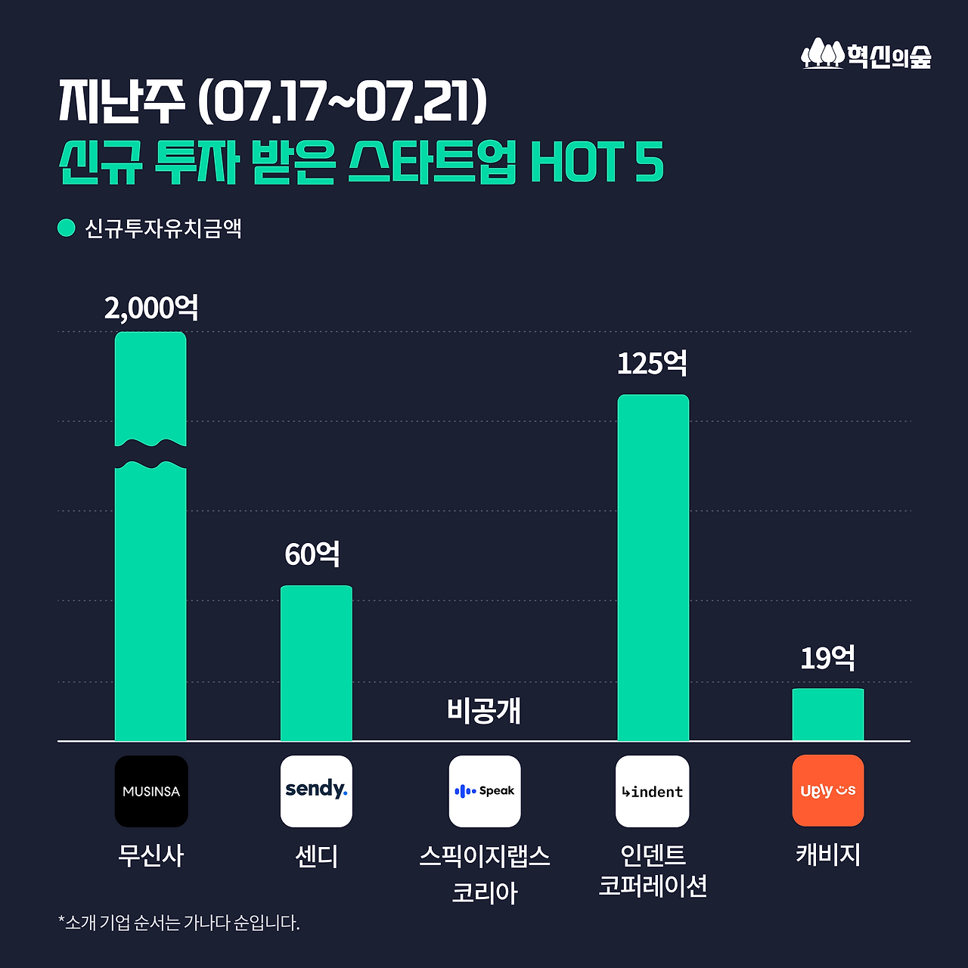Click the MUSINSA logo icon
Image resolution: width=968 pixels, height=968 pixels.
pos(151,791)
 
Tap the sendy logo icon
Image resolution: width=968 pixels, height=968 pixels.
pos(316,791)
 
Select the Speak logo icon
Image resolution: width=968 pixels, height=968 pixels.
pos(485,791)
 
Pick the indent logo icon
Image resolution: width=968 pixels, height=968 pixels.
pos(652,791)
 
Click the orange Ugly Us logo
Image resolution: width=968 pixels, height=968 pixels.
pos(828,790)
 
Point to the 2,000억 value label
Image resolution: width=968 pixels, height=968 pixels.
pos(151,309)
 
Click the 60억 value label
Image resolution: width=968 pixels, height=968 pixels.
pos(312,554)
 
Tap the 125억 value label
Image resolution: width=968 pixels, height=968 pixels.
pos(653,364)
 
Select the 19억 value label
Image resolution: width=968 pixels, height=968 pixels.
pos(828,658)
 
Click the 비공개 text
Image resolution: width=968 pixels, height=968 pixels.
pos(484,711)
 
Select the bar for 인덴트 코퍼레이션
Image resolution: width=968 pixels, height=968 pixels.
pos(653,567)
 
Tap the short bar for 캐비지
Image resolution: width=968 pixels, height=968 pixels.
pos(828,715)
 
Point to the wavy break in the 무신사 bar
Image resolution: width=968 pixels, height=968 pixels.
pos(150,455)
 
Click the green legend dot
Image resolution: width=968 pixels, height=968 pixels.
pos(67,228)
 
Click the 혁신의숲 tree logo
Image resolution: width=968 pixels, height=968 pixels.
pos(822,54)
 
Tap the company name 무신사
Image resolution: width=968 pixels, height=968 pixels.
pos(151,855)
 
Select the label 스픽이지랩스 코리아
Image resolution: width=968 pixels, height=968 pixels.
pos(485,874)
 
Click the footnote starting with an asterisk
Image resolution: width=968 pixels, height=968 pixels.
pos(179,923)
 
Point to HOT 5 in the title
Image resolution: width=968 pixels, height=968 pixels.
pos(597,162)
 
